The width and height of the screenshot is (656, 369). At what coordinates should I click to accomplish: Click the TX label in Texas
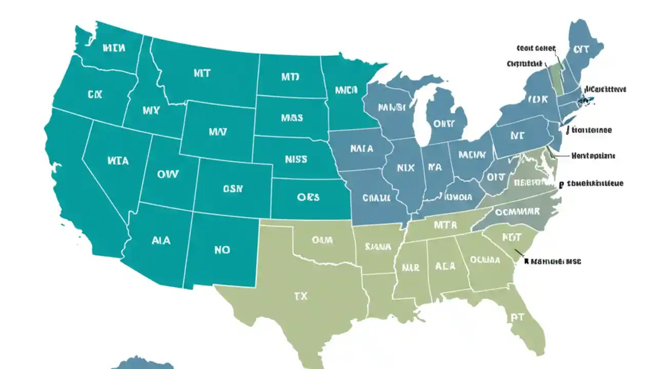300,296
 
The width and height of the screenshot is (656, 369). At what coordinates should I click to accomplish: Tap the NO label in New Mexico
222,250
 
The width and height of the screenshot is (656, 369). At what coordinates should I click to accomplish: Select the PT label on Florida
517,317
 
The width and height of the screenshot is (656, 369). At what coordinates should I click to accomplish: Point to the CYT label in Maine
581,50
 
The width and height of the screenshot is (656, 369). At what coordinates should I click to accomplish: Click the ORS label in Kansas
307,197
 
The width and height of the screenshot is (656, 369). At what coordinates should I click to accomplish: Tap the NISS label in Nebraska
296,159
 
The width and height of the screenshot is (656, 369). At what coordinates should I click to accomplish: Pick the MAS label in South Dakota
292,118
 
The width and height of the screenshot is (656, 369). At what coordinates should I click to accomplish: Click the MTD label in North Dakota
290,77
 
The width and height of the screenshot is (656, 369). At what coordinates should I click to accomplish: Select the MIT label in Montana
202,74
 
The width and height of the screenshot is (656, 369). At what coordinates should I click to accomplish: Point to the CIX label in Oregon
95,95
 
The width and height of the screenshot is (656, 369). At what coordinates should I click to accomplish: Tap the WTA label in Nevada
118,160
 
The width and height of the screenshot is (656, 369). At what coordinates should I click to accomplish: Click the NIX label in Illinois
405,167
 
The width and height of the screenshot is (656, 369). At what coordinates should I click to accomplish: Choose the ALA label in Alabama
445,266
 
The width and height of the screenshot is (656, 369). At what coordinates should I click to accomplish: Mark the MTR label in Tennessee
445,224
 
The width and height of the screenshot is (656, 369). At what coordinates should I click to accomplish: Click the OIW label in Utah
168,174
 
